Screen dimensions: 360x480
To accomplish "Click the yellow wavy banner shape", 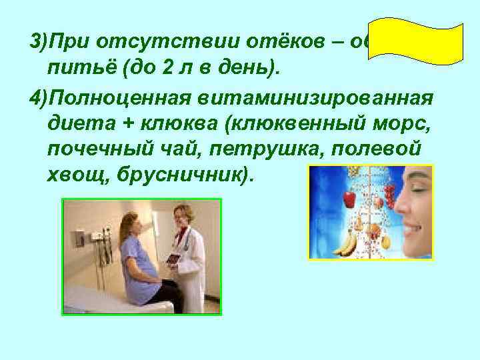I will [415, 41].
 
